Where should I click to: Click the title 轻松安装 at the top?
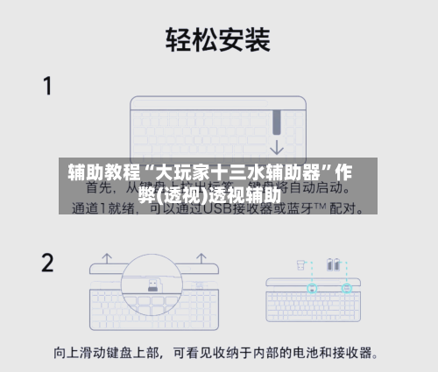point(218,39)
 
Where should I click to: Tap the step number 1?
point(49,86)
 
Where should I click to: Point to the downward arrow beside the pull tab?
point(279,145)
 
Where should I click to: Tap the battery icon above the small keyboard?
point(334,263)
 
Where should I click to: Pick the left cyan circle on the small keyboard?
point(312,287)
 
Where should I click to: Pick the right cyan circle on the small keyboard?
point(346,287)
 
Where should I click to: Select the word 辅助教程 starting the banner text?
point(98,172)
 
